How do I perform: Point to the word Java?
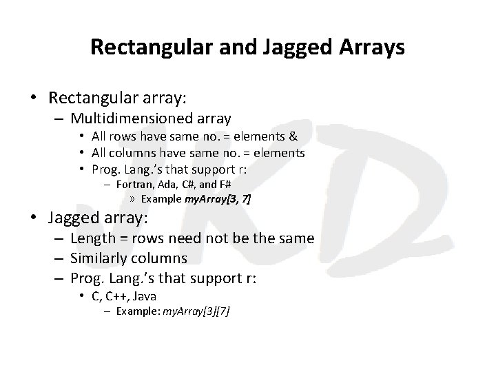tap(145, 296)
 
